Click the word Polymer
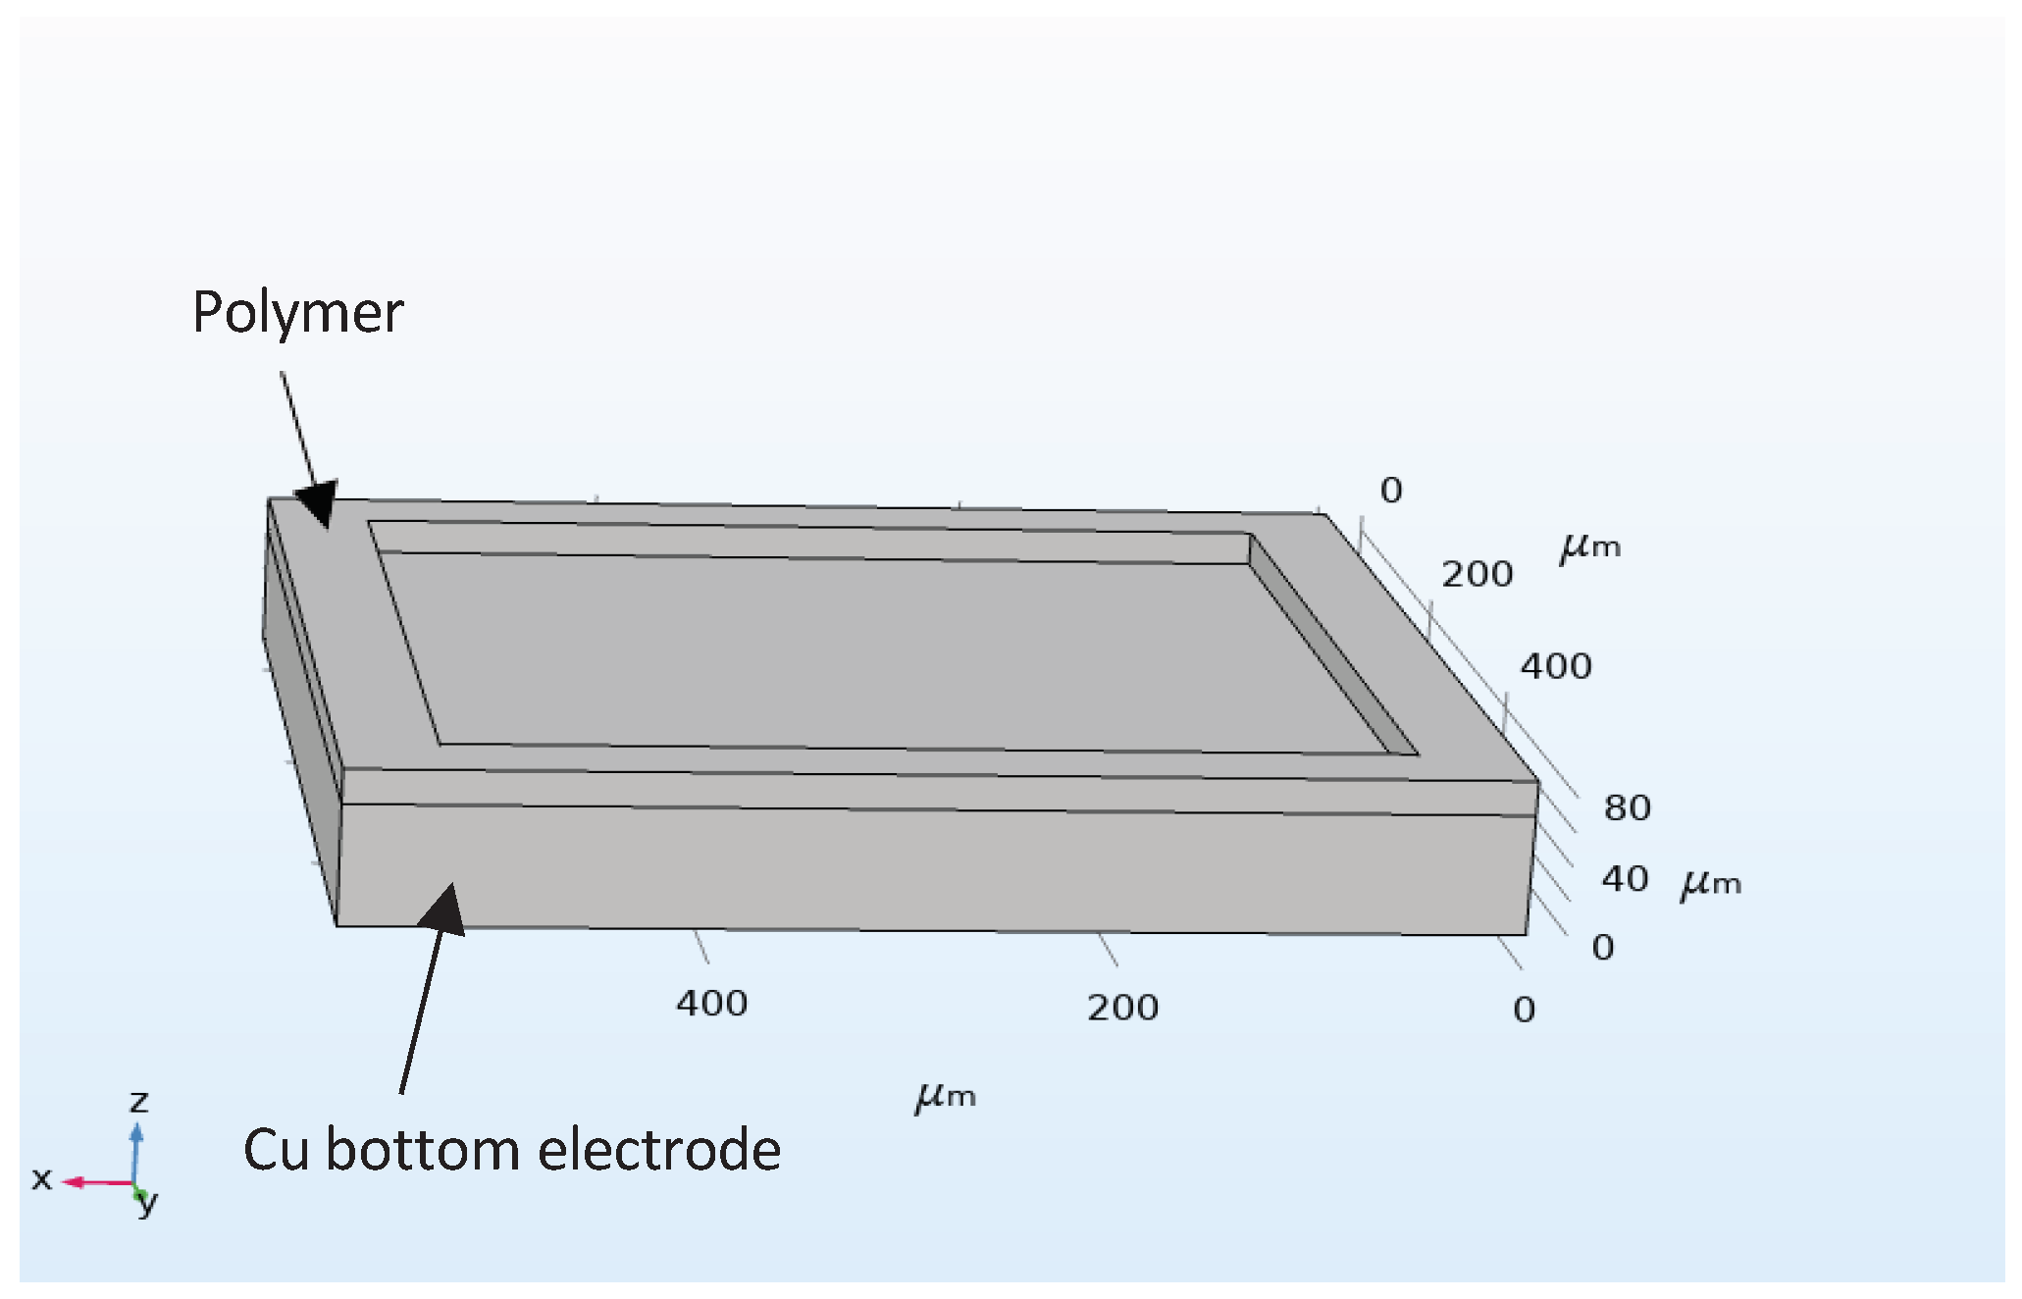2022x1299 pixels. [x=297, y=314]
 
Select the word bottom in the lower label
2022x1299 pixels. [x=423, y=1150]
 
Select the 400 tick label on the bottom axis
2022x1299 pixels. [x=711, y=1004]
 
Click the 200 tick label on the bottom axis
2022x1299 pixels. [x=1122, y=1008]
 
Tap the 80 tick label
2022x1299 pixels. [x=1627, y=808]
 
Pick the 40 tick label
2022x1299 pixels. [x=1625, y=879]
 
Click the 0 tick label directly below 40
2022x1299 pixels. [x=1602, y=948]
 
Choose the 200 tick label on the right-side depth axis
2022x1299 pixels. [x=1477, y=575]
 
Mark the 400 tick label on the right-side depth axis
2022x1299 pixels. [x=1556, y=667]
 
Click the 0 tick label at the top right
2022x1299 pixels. [x=1391, y=491]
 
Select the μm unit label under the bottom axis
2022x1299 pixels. [x=946, y=1097]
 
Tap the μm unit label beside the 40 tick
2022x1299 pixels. [x=1710, y=884]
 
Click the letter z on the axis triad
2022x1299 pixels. [x=139, y=1102]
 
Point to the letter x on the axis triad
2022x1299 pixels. [x=41, y=1179]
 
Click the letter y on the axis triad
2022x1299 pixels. [x=148, y=1203]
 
